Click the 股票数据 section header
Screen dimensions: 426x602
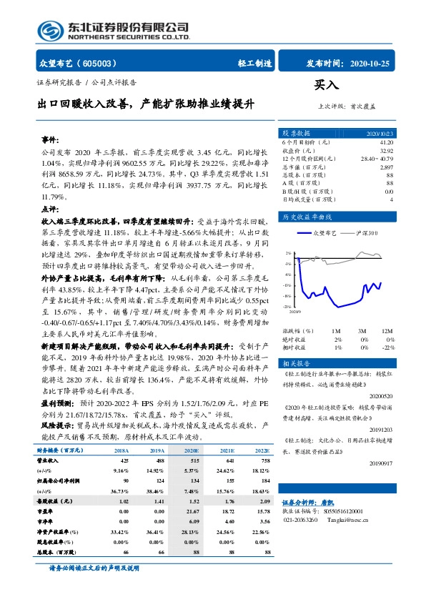pos(297,133)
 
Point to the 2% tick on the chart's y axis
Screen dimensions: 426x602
pos(288,254)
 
